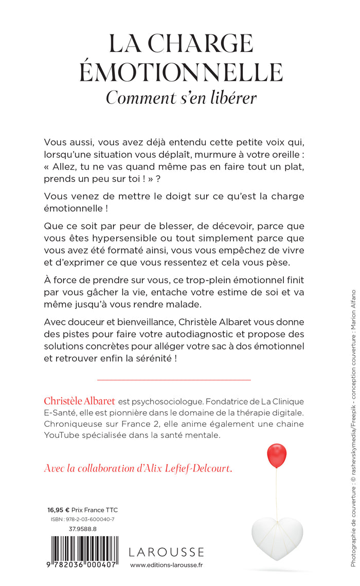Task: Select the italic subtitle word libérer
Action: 231,97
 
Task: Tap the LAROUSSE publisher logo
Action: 166,552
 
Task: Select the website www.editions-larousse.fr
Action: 166,565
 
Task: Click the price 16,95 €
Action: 58,510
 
